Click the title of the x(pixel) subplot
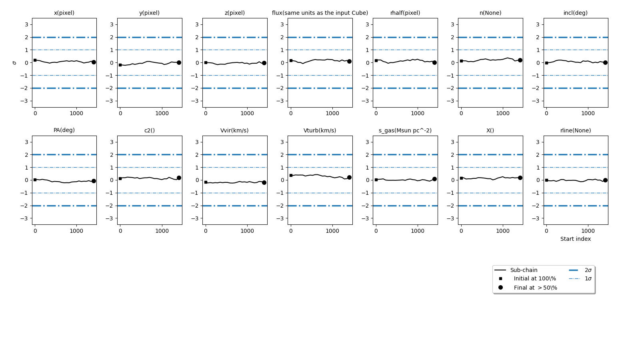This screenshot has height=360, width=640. [64, 13]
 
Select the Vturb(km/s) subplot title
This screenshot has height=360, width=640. [320, 130]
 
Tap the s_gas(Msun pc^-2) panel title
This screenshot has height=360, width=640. [405, 130]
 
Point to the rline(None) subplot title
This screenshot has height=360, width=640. [575, 130]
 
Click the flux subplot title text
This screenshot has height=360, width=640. [320, 13]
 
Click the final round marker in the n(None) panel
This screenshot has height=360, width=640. [520, 60]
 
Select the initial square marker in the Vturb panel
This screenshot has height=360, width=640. [291, 175]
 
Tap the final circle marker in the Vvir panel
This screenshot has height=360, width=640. [264, 182]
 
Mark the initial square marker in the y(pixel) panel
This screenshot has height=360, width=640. [120, 65]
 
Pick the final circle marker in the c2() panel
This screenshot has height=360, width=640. [179, 178]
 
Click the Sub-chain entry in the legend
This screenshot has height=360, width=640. [524, 270]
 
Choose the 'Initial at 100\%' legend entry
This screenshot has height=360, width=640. [535, 279]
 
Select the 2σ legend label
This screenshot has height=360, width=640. [588, 270]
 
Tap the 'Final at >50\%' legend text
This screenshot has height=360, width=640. [535, 288]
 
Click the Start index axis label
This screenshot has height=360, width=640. [575, 239]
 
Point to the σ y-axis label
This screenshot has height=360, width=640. [15, 63]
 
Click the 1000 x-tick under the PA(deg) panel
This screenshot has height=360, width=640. [76, 231]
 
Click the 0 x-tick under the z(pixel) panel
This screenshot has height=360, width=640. [206, 113]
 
